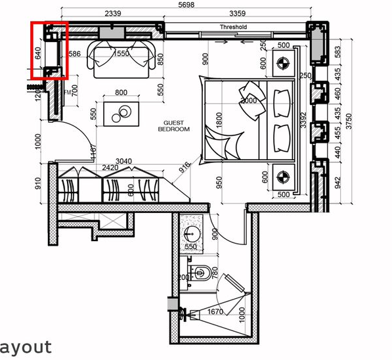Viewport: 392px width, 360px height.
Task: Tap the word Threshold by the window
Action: [x=233, y=27]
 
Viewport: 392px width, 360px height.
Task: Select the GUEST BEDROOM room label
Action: [x=173, y=126]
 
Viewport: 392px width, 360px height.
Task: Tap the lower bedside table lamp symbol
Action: [x=284, y=176]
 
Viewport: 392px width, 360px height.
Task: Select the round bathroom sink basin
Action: [x=191, y=235]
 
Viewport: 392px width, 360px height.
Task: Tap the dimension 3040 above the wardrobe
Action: [x=124, y=160]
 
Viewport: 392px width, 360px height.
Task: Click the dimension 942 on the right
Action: [x=338, y=182]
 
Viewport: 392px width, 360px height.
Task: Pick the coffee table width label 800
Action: [x=121, y=93]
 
